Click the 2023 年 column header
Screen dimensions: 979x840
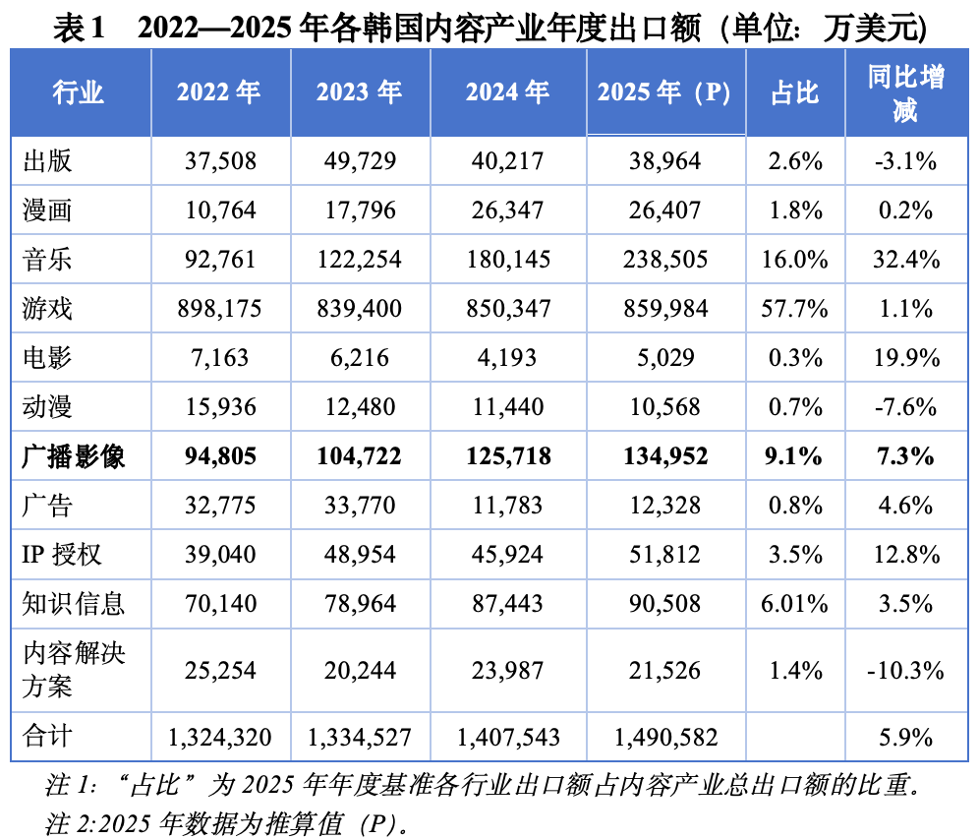point(359,92)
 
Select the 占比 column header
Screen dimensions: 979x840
point(794,93)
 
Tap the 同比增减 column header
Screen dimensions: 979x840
point(905,93)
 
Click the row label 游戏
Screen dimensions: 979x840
point(47,309)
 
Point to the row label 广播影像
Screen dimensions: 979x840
point(73,456)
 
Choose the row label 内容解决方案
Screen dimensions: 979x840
point(74,670)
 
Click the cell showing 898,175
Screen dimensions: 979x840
point(219,309)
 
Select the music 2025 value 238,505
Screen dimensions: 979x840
point(664,260)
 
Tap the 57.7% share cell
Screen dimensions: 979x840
point(794,309)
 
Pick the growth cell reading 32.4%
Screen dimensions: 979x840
point(906,260)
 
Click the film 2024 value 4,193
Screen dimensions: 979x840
point(507,358)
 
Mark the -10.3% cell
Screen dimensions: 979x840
point(905,671)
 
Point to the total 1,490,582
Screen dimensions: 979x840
point(665,738)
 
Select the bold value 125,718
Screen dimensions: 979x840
point(508,456)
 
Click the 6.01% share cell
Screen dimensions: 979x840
point(794,604)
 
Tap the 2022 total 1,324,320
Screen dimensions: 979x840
point(220,738)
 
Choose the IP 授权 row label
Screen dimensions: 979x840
point(61,555)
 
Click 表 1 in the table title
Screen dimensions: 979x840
point(78,29)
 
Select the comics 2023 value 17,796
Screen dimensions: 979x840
point(361,210)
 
